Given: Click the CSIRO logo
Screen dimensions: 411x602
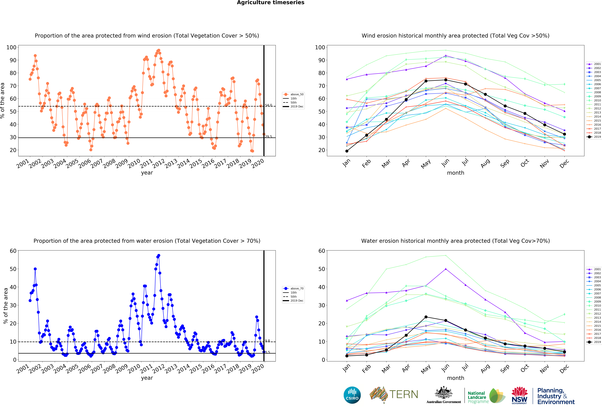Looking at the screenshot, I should click(x=352, y=395).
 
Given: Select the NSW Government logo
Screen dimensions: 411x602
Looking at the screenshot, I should click(x=519, y=395).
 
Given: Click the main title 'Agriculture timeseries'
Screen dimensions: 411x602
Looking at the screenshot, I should click(x=270, y=3).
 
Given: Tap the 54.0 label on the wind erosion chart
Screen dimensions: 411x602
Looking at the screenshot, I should click(x=268, y=105).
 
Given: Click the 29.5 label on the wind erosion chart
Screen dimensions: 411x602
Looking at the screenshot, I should click(x=268, y=137).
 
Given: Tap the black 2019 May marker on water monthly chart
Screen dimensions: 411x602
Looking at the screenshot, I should click(x=426, y=317).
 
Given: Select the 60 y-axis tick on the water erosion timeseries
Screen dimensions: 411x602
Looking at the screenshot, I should click(x=13, y=251).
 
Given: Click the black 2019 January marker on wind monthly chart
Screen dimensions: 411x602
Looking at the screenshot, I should click(x=347, y=151).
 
